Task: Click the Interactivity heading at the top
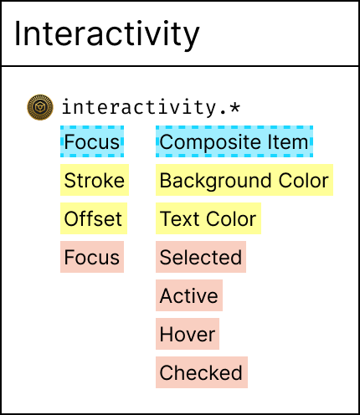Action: pyautogui.click(x=107, y=34)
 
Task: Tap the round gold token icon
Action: pyautogui.click(x=40, y=107)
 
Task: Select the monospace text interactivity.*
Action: pyautogui.click(x=151, y=107)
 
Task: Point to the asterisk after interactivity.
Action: pyautogui.click(x=234, y=107)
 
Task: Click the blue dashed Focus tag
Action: pyautogui.click(x=92, y=141)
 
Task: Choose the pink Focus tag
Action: pyautogui.click(x=92, y=257)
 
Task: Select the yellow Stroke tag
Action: pyautogui.click(x=95, y=180)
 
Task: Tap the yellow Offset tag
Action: pyautogui.click(x=94, y=218)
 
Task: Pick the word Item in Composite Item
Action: pyautogui.click(x=288, y=141)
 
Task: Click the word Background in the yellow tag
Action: pyautogui.click(x=215, y=181)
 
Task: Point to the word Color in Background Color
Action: pyautogui.click(x=304, y=181)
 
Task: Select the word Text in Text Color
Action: pyautogui.click(x=179, y=218)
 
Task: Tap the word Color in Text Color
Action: pyautogui.click(x=231, y=218)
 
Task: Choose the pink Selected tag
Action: pyautogui.click(x=201, y=257)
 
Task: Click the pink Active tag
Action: pyautogui.click(x=189, y=295)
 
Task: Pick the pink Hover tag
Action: pyautogui.click(x=188, y=334)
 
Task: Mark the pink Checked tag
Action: pyautogui.click(x=202, y=372)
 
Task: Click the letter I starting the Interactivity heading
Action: pyautogui.click(x=18, y=33)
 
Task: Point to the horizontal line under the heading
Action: pyautogui.click(x=180, y=66)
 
